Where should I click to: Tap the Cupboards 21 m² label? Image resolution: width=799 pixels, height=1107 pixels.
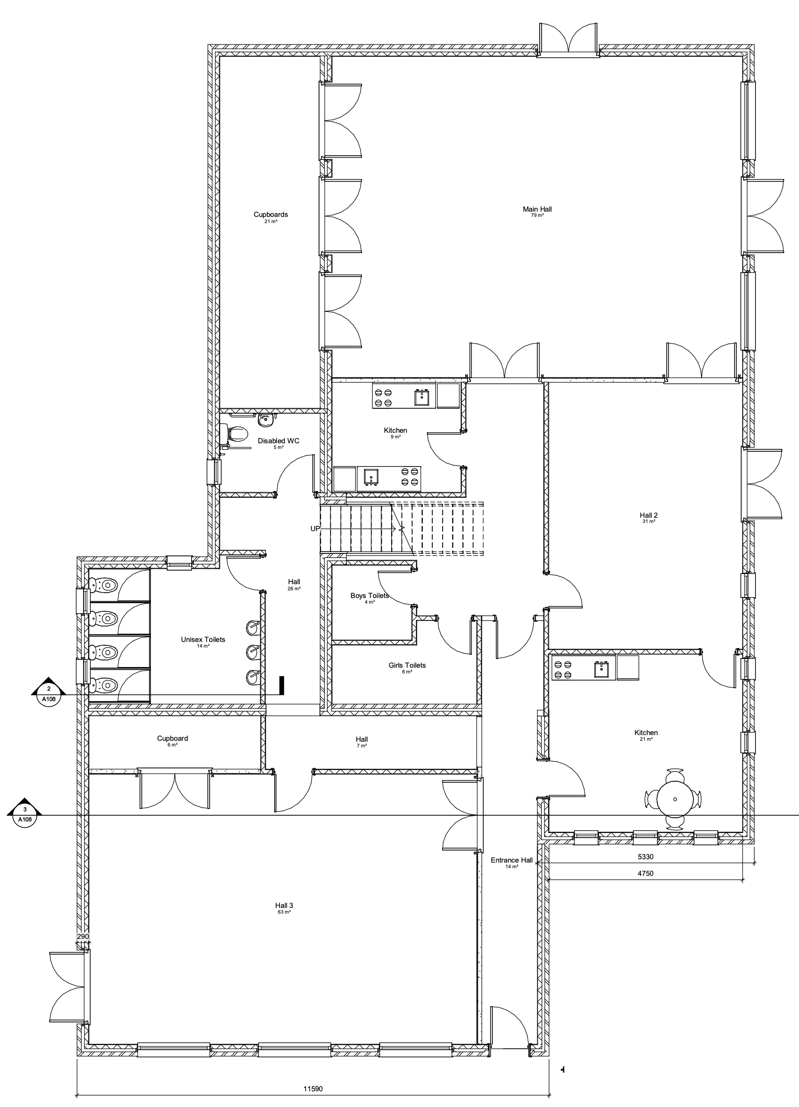tap(270, 217)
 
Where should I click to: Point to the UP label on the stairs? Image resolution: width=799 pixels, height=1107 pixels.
tap(315, 528)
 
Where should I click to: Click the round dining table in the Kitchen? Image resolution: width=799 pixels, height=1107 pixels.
tap(674, 799)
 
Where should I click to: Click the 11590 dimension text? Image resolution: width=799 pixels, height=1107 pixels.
tap(313, 1088)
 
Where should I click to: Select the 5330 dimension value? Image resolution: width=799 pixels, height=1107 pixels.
tap(646, 857)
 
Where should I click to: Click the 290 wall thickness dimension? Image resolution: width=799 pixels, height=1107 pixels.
tap(83, 936)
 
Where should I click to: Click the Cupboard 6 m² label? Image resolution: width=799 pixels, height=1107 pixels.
tap(172, 741)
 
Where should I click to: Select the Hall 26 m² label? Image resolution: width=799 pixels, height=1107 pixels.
tap(294, 584)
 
